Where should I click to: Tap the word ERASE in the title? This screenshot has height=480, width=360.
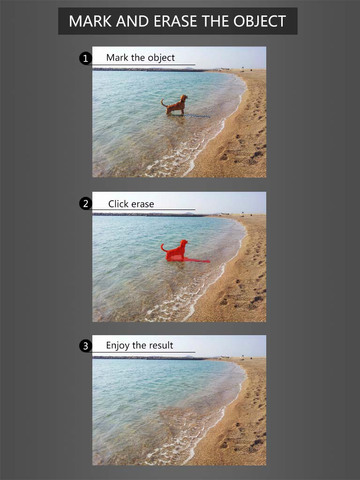[x=175, y=21]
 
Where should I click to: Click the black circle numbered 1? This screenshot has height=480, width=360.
[x=85, y=59]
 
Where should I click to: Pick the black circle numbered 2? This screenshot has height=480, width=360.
[x=85, y=203]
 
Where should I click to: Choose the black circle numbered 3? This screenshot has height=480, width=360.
[x=85, y=346]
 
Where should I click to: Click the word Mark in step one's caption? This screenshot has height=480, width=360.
[x=117, y=58]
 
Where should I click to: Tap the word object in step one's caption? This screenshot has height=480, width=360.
[x=161, y=58]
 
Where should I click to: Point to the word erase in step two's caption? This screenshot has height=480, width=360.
[x=142, y=204]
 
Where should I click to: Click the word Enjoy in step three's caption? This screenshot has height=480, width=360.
[x=118, y=346]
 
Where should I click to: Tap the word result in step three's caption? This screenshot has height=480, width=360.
[x=161, y=345]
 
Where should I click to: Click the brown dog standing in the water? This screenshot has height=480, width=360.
[x=176, y=105]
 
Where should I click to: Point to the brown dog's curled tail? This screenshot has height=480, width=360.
[x=164, y=102]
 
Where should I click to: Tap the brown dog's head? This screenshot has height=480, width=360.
[x=184, y=98]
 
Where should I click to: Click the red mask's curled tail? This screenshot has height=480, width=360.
[x=164, y=247]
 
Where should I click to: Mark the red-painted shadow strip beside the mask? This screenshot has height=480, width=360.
[x=197, y=260]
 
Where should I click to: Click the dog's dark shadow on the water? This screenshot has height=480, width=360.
[x=197, y=116]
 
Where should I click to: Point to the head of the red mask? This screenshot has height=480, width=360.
[x=184, y=243]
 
